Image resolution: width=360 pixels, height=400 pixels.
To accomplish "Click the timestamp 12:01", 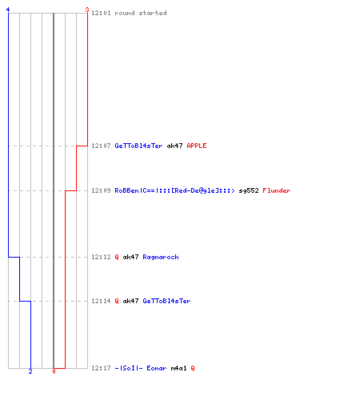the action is (x=101, y=13).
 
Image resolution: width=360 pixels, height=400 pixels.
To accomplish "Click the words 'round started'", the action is (x=141, y=13).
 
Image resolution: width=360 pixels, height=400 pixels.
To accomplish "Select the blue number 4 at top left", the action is (x=8, y=10).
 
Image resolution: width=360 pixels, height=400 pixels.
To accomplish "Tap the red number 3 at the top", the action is (x=87, y=10).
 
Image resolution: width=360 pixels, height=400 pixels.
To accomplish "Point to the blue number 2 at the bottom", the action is (x=30, y=371).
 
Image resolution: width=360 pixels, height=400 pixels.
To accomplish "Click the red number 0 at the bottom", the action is (x=54, y=371).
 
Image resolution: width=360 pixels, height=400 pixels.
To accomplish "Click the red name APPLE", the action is (x=197, y=146).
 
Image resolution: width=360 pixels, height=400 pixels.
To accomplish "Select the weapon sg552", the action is (x=249, y=190).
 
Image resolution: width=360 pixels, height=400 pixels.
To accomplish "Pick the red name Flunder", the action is (x=277, y=190).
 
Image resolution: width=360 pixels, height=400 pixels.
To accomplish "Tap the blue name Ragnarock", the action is (x=161, y=257).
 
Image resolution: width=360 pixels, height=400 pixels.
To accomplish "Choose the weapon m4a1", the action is (x=178, y=368).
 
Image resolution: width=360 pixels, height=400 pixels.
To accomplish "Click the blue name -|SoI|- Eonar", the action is (x=141, y=368).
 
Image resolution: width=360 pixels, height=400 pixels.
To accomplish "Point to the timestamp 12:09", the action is (x=101, y=190).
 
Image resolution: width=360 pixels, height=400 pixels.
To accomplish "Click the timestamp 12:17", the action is (x=101, y=368).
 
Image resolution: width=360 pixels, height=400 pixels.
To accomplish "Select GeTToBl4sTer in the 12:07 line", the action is (x=138, y=146).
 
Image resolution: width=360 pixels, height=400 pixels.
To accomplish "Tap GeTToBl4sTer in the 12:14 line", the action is (x=166, y=301).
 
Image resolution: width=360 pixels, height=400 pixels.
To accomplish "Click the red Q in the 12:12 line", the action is (x=117, y=257).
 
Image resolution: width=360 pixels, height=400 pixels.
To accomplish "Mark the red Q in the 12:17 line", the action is (x=193, y=368).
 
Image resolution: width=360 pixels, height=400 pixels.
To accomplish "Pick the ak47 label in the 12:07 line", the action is (x=174, y=146).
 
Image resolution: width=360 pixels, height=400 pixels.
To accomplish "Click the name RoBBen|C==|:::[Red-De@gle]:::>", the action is (x=174, y=190).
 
